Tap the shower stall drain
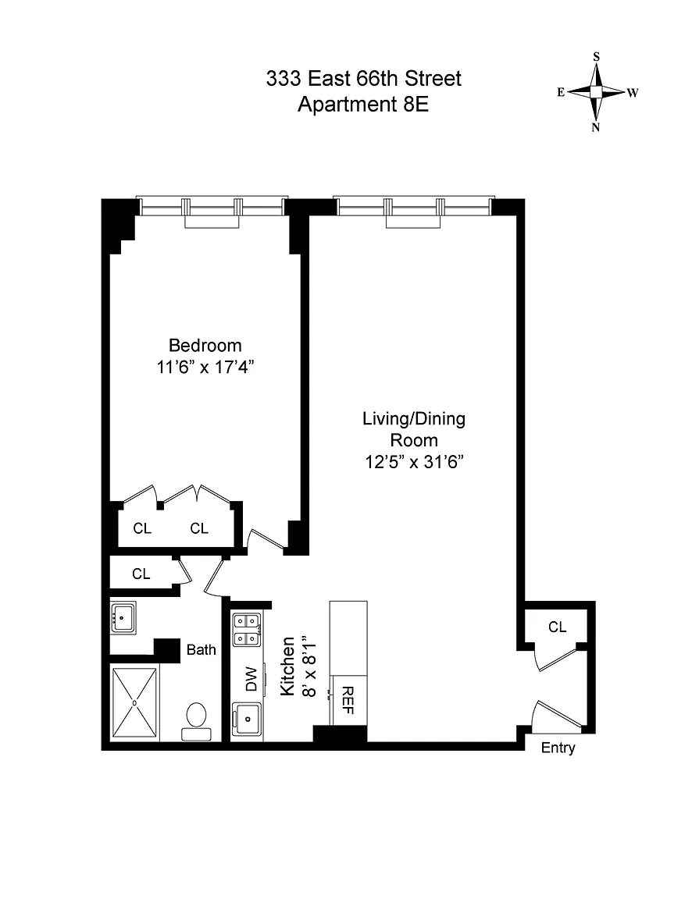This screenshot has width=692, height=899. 134,702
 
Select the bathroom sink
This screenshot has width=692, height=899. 123,617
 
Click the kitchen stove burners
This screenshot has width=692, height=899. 246,630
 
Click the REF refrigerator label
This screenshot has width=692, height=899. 348,700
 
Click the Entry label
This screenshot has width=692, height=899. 558,748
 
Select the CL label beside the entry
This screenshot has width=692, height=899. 557,627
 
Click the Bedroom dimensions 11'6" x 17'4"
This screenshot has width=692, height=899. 205,367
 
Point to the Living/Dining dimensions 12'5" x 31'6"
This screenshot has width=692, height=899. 414,461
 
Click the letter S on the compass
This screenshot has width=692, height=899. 596,56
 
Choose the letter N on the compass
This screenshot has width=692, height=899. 596,127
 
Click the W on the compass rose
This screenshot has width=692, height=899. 633,92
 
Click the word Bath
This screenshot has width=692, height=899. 202,649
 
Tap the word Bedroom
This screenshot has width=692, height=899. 205,346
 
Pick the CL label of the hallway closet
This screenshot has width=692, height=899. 141,574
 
